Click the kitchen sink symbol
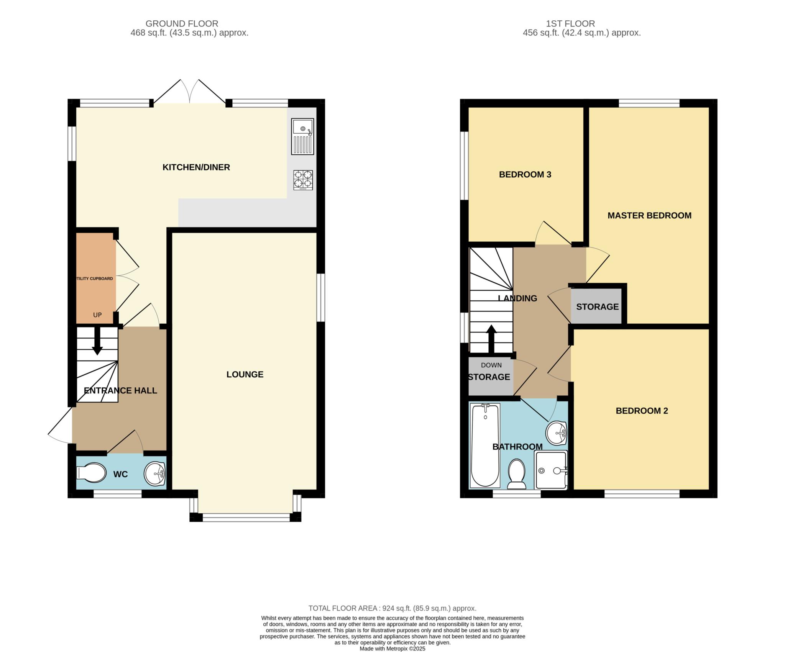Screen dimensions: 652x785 coord(302,136)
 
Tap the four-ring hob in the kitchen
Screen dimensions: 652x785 coord(303,180)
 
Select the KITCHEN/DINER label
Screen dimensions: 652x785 coord(196,167)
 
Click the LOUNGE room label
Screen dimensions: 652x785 coord(245,375)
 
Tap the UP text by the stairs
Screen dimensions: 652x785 coord(97,315)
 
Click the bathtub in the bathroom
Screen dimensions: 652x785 coord(485,446)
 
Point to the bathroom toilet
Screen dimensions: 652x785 coord(517,475)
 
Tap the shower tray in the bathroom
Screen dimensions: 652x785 coord(551,470)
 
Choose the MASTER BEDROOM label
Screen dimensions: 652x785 coord(649,216)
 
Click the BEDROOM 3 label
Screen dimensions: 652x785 coord(525,175)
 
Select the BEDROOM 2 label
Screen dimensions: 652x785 coord(642,411)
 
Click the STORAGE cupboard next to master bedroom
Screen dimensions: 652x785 coord(597,306)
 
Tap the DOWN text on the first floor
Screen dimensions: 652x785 coord(491,365)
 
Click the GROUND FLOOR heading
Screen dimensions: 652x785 coord(182,24)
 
